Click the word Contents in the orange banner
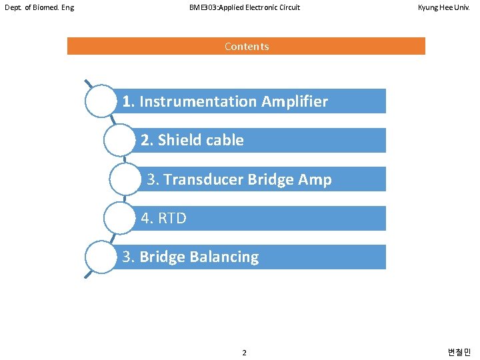247,46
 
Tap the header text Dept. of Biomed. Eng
39,8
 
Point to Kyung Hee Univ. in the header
444,8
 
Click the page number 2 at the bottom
244,352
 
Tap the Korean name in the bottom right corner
459,352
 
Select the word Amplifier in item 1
295,101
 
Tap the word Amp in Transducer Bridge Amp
316,179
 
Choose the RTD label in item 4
172,218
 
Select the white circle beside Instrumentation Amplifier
101,101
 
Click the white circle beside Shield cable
121,139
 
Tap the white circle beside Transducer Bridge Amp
126,179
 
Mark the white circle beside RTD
121,217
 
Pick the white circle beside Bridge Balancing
101,257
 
